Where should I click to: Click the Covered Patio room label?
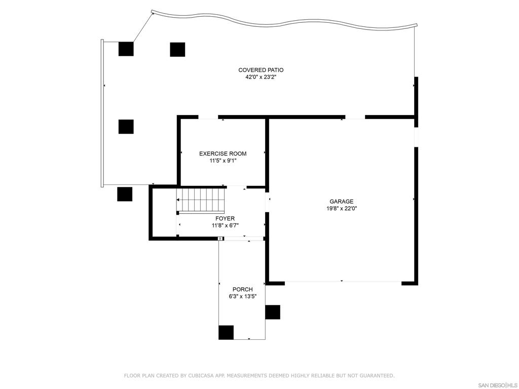click(261, 70)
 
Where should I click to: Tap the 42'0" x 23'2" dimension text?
click(261, 77)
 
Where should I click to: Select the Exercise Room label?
click(223, 153)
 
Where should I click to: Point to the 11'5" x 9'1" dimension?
click(223, 161)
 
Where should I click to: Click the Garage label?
click(341, 202)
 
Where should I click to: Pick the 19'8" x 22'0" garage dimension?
click(341, 209)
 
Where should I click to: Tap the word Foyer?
click(225, 219)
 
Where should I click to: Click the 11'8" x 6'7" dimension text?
click(225, 226)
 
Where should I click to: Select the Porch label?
click(242, 289)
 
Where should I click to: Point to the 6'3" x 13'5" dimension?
click(242, 297)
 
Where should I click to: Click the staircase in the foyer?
click(201, 200)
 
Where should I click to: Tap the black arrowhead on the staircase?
click(178, 200)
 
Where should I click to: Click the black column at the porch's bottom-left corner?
click(226, 332)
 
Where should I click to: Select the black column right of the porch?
click(273, 312)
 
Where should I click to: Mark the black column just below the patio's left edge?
click(125, 194)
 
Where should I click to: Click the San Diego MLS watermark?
click(498, 385)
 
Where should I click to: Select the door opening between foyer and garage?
click(267, 202)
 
